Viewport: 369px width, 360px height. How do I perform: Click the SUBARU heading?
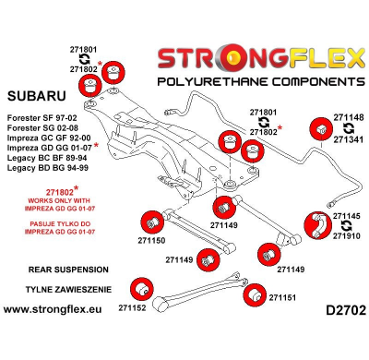(36, 95)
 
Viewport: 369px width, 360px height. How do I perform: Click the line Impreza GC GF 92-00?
(46, 147)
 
